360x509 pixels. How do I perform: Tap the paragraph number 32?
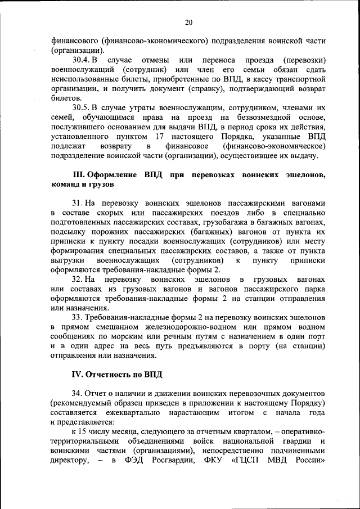78,280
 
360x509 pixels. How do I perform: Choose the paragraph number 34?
78,392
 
